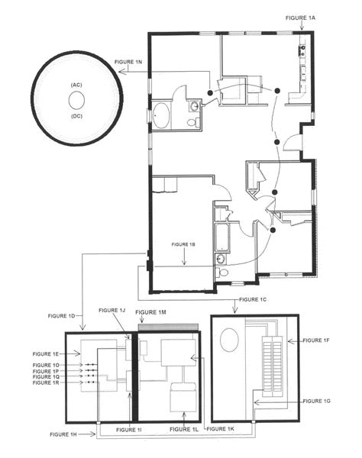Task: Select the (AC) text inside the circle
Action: (76, 84)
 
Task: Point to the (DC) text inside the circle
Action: (76, 116)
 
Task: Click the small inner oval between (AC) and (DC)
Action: (76, 100)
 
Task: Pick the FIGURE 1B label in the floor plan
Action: (184, 244)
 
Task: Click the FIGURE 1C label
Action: (254, 299)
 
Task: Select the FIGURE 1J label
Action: (112, 310)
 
